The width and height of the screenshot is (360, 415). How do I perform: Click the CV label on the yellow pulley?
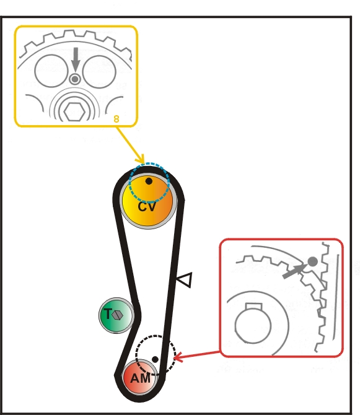(147, 207)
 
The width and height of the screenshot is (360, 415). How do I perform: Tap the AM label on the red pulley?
(140, 378)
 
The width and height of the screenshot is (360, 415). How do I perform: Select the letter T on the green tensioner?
(108, 314)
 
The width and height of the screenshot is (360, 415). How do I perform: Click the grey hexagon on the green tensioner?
(118, 315)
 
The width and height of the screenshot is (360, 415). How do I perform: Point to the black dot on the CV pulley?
(149, 181)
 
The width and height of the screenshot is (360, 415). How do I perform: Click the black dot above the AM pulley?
(155, 359)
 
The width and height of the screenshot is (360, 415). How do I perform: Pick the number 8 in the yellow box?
(116, 119)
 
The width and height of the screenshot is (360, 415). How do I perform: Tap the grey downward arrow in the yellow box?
(76, 59)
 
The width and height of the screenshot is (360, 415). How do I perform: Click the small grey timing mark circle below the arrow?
(75, 79)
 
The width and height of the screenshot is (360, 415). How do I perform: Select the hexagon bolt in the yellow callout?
(74, 112)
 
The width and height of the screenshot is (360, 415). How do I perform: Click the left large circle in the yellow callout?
(51, 71)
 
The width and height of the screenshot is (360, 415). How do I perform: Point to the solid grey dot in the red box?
(313, 262)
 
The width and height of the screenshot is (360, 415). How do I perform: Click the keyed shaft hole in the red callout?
(253, 324)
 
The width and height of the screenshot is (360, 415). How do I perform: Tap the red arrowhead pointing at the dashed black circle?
(178, 357)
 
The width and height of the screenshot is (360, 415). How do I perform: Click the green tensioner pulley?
(116, 315)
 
